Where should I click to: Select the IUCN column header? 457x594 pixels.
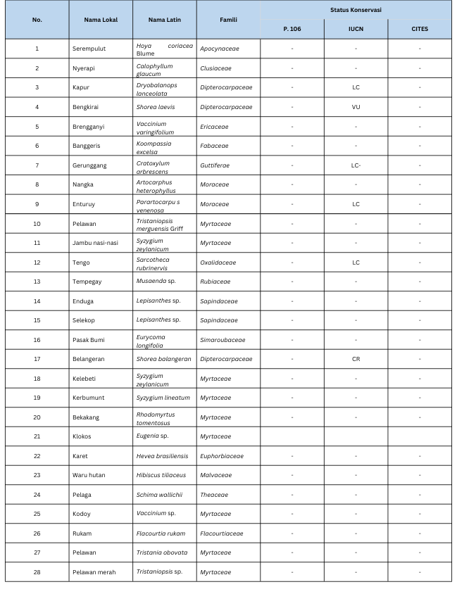tap(356, 29)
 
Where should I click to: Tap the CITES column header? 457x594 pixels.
tap(420, 29)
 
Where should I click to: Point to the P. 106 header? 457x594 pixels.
tap(292, 29)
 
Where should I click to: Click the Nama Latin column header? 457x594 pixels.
tap(165, 19)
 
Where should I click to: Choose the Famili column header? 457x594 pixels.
tap(228, 19)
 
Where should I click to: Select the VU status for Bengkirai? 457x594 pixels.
tap(356, 107)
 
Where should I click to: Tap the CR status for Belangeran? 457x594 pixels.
tap(356, 359)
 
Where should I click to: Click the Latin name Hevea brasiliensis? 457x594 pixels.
tap(163, 455)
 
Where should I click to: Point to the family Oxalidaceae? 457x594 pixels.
tap(218, 263)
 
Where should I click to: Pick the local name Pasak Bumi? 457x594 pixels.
tap(88, 340)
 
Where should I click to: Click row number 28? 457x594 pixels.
tap(37, 571)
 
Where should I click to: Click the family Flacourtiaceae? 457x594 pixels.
tap(221, 533)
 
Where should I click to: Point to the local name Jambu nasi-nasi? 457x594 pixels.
tap(95, 243)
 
